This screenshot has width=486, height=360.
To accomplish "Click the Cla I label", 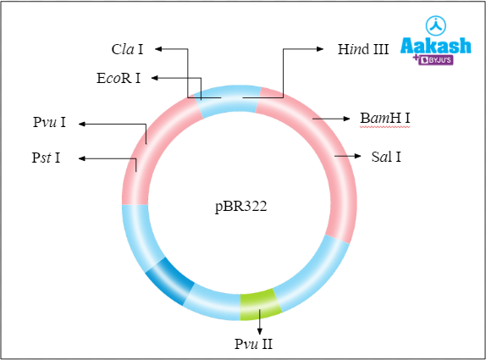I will (x=128, y=50).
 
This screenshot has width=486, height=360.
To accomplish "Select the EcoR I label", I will (x=119, y=78).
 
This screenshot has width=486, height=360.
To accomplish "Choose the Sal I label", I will (x=386, y=157).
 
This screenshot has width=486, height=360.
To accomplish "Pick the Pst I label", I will (x=46, y=158).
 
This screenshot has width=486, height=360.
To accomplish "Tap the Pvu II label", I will (x=254, y=344).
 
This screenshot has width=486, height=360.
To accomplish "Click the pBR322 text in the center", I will (x=240, y=205).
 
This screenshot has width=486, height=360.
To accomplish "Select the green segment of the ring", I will (x=259, y=303).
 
